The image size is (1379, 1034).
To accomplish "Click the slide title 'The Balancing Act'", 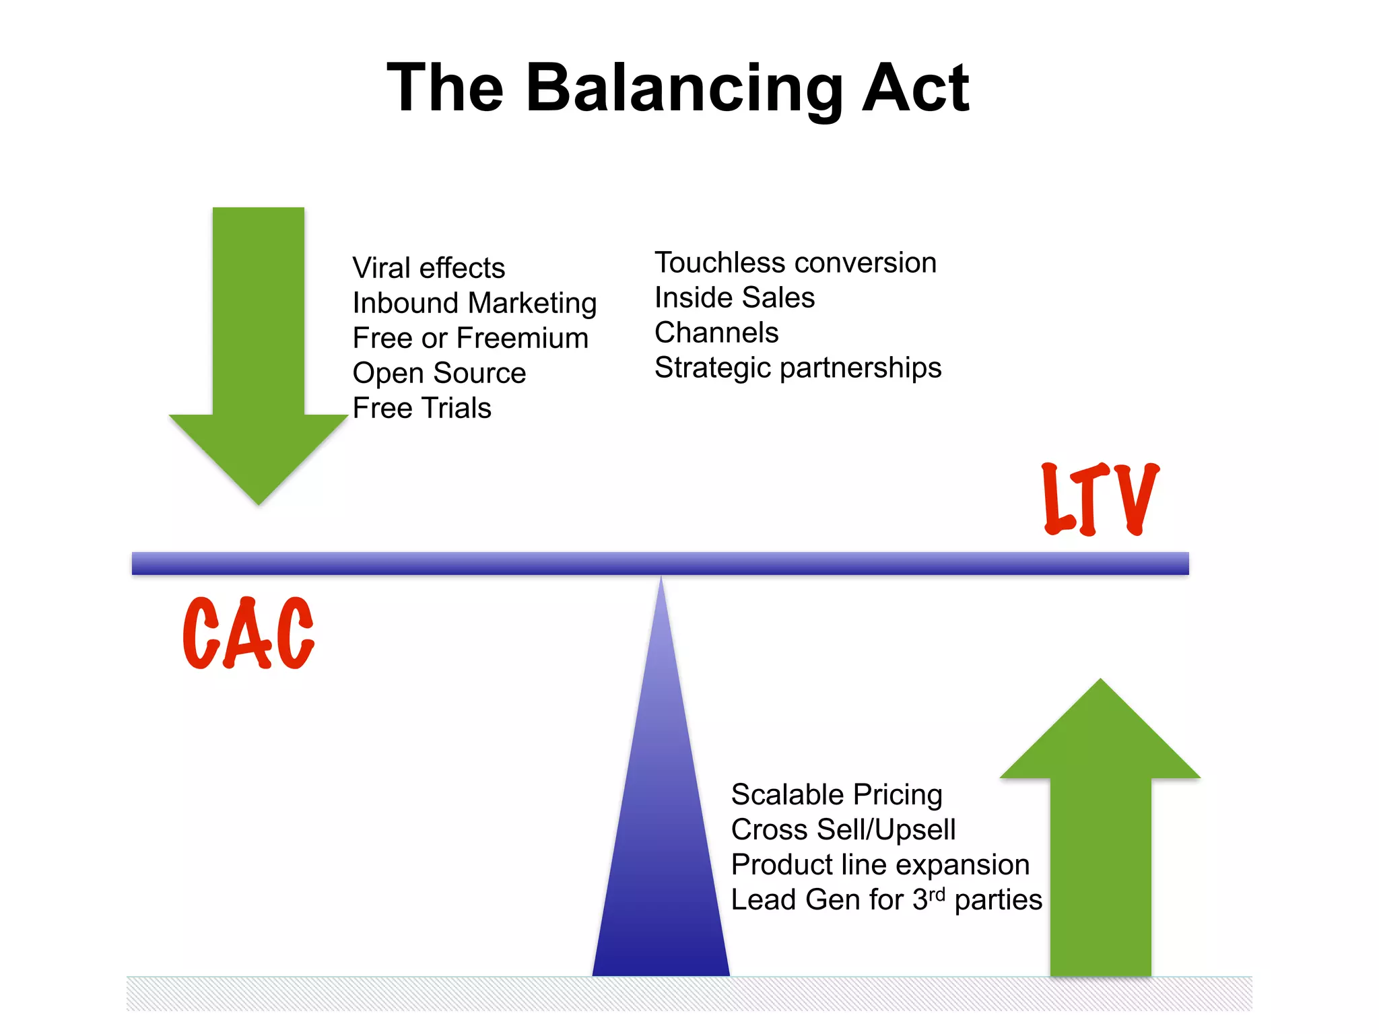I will click(677, 88).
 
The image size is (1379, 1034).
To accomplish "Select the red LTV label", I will click(1100, 499).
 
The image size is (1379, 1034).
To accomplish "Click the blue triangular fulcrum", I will click(661, 841).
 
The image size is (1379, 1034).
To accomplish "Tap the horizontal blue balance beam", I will click(660, 563).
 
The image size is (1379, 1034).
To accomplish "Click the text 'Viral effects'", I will click(429, 268).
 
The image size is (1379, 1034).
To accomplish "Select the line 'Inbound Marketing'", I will click(475, 303).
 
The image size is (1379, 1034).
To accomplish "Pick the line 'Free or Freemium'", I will click(471, 338).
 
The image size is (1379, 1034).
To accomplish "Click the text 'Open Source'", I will click(439, 373).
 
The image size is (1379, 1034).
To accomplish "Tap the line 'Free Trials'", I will click(422, 408).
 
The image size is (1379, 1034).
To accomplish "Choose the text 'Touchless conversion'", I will click(795, 263).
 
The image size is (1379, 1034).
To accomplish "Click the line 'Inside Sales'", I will click(735, 298).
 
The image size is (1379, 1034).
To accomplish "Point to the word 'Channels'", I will click(716, 333).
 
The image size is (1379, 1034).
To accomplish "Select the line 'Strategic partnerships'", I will click(798, 368).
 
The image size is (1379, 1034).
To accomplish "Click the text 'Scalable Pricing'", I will click(836, 795).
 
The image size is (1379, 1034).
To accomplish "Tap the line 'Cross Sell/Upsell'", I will click(843, 830).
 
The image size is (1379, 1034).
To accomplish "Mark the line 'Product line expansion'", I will click(880, 865).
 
